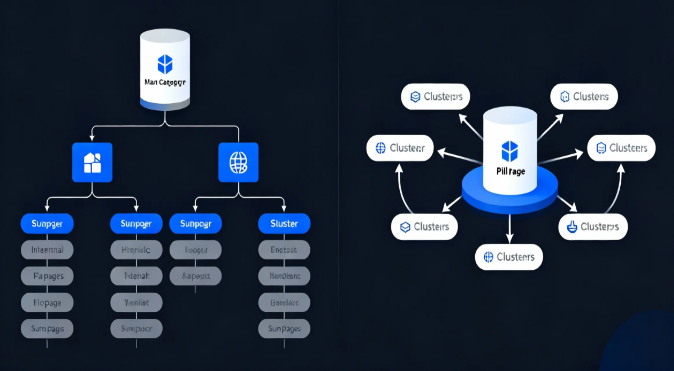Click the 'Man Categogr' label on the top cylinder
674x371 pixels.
tap(165, 82)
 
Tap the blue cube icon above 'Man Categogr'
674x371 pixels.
tap(165, 64)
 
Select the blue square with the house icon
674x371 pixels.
tap(92, 162)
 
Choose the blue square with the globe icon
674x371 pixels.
tap(238, 162)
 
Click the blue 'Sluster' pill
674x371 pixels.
tap(284, 223)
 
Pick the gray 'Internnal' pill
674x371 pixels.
tap(47, 250)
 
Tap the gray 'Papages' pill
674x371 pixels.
tap(47, 276)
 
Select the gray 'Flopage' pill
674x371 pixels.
tap(47, 302)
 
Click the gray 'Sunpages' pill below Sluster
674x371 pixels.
tap(284, 329)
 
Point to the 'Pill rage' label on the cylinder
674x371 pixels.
tap(511, 171)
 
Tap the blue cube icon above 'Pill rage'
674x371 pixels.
tap(510, 151)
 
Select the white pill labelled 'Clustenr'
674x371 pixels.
tap(400, 148)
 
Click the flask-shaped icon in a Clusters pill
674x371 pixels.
tap(572, 227)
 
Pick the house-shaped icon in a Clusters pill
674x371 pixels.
tap(565, 96)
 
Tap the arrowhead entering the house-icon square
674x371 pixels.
tap(92, 138)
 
